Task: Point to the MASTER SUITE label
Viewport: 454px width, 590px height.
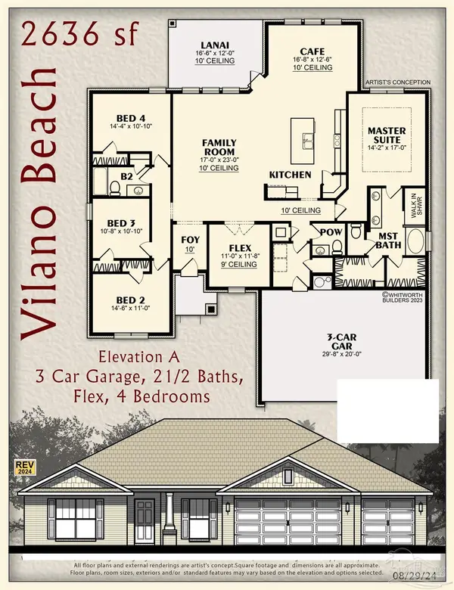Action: (387, 135)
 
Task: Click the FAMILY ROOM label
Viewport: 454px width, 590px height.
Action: (219, 147)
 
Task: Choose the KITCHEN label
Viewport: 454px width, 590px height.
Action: (290, 175)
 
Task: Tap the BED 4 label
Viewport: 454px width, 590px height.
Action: (131, 118)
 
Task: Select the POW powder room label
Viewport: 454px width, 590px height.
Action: (330, 232)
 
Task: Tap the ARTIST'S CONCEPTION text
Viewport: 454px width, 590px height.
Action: (398, 82)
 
